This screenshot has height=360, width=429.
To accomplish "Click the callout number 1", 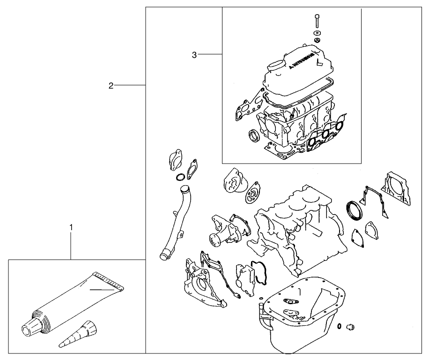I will (x=71, y=227).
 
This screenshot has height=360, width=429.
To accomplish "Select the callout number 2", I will (x=111, y=85).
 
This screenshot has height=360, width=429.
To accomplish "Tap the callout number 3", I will (x=194, y=55).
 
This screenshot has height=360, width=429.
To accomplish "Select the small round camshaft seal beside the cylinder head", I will (x=254, y=136).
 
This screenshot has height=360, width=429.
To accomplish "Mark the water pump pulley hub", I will (x=216, y=239).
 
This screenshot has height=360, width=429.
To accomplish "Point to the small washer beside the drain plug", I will (x=338, y=326).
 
